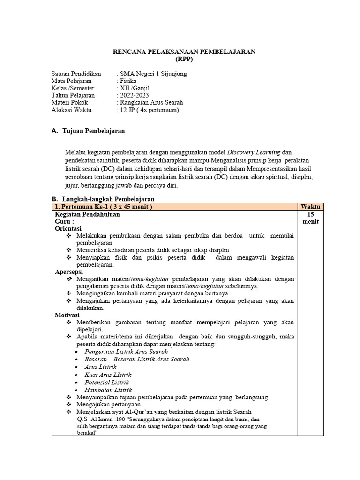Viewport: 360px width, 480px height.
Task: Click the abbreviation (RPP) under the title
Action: [x=184, y=59]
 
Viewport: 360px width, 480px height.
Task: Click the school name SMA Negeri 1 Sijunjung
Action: [x=153, y=74]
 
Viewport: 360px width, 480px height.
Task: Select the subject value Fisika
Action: [x=128, y=81]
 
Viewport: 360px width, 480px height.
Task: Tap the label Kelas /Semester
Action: [x=73, y=88]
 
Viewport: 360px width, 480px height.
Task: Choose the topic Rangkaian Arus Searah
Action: [x=151, y=102]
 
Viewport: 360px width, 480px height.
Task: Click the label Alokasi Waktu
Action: [x=71, y=110]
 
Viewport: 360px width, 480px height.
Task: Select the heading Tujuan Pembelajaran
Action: [x=93, y=131]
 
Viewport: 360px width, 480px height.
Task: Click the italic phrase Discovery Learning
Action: [x=254, y=152]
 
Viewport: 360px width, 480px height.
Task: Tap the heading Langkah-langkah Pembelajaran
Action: [x=108, y=199]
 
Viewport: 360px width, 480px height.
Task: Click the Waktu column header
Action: [x=311, y=207]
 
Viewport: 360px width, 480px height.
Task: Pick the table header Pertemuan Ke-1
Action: [x=103, y=207]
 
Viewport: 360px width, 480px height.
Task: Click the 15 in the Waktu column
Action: [x=311, y=214]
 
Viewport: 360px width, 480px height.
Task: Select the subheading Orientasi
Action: [x=68, y=228]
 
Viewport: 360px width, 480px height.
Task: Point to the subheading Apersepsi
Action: [x=69, y=271]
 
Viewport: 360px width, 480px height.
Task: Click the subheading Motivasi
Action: [x=67, y=315]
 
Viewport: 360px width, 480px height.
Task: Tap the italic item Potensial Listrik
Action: [x=107, y=382]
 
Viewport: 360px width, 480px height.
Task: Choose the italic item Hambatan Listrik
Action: [x=108, y=390]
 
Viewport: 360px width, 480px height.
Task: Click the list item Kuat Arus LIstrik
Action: [x=108, y=375]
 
